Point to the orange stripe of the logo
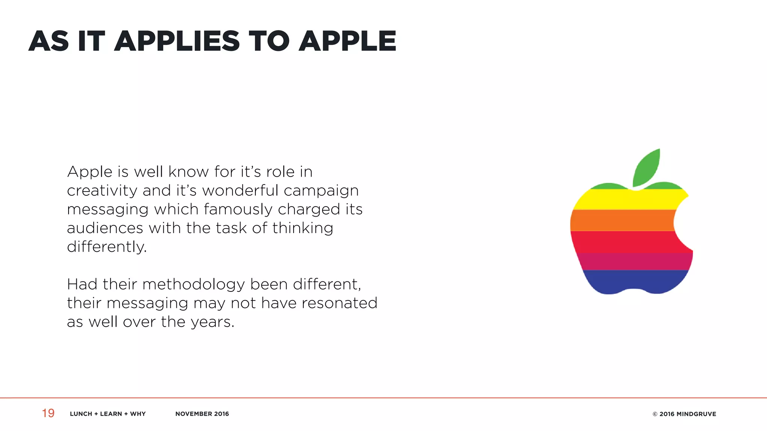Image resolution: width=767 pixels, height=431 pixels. click(x=622, y=220)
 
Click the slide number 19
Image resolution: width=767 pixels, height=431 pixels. click(x=48, y=413)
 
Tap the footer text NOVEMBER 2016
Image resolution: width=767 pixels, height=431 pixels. click(x=202, y=414)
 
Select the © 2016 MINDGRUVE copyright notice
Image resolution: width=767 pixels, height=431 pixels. click(x=684, y=414)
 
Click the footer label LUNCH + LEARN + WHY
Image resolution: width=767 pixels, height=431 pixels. click(x=108, y=414)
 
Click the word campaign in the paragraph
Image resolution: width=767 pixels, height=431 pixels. click(x=321, y=191)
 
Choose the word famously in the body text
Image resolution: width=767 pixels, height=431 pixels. click(x=238, y=210)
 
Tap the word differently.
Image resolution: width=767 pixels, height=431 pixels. click(x=107, y=247)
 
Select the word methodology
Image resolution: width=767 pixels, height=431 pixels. click(x=194, y=285)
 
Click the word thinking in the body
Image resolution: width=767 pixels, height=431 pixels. click(x=303, y=228)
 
